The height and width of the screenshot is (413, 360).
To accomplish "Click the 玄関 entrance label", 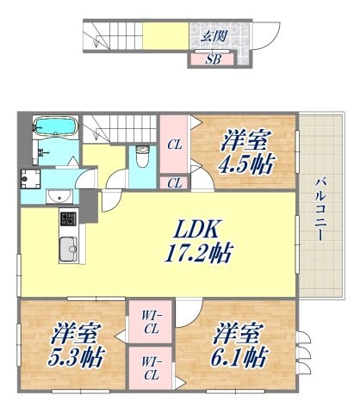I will [x=215, y=36].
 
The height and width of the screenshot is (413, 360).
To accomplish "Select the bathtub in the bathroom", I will [x=58, y=128].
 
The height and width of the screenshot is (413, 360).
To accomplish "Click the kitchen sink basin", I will [x=67, y=250].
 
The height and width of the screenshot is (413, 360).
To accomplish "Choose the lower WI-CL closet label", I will [x=151, y=370].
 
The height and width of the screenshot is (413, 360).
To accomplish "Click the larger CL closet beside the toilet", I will [x=173, y=144].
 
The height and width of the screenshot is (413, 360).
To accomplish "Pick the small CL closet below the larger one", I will [x=173, y=182].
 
